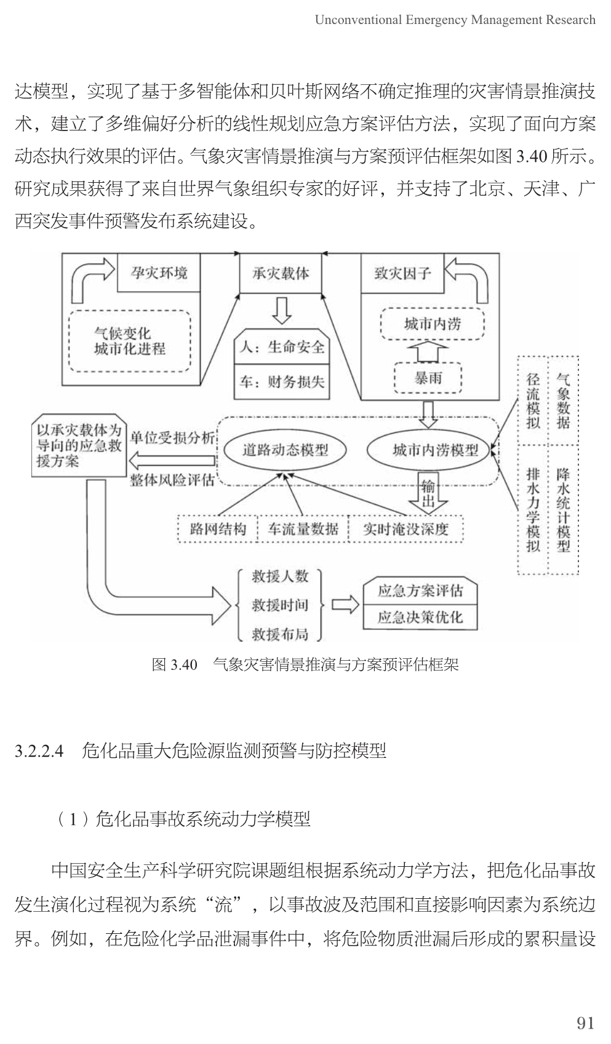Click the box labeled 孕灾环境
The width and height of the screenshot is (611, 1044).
159,273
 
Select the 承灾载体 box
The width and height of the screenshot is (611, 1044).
281,273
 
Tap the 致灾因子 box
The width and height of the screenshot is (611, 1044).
402,273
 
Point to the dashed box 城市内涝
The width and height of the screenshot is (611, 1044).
432,324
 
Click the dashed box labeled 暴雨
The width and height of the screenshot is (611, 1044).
428,377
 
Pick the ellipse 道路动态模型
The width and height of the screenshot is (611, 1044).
285,450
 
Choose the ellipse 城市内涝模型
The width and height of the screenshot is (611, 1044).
435,450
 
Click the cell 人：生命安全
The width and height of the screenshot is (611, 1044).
282,348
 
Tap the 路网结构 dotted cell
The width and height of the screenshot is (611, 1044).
218,528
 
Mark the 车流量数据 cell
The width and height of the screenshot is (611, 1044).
303,528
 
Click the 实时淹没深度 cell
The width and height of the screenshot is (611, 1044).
406,528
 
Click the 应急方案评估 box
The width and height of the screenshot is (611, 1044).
420,591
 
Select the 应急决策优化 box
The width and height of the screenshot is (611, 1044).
420,617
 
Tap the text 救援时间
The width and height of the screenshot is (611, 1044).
280,605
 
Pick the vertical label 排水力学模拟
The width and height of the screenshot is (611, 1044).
533,509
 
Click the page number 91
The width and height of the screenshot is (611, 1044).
585,1022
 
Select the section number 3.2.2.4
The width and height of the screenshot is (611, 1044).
39,751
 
